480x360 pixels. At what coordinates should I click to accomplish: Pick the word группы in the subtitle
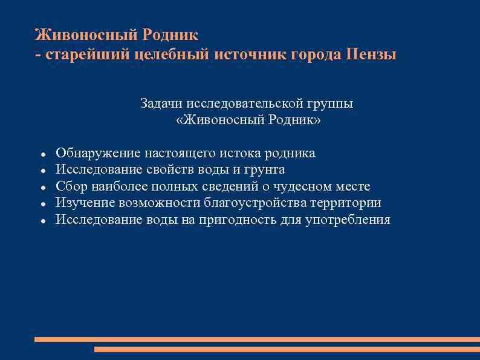point(331,104)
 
